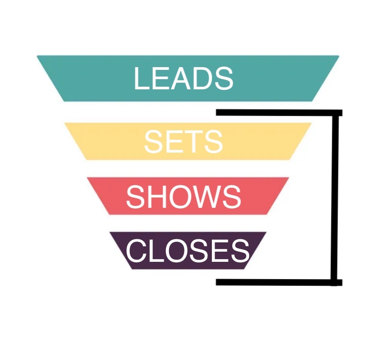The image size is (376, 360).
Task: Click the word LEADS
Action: [183, 78]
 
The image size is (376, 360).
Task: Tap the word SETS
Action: [183, 142]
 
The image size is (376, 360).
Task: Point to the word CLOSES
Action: [188, 251]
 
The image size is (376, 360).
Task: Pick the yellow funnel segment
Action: [102, 142]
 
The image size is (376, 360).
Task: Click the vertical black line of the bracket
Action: [335, 197]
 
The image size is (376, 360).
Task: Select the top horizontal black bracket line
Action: [279, 113]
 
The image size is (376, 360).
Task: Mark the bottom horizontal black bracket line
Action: [279, 282]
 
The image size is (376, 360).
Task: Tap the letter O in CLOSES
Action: [172, 251]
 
